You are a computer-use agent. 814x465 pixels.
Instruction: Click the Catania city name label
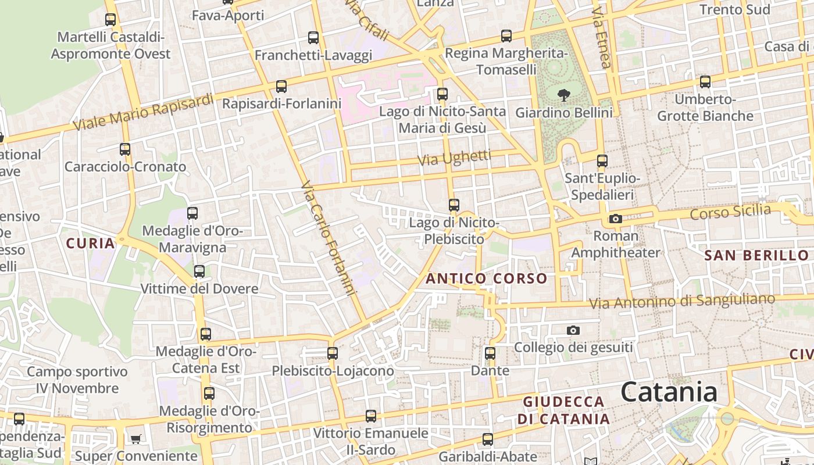coord(669,392)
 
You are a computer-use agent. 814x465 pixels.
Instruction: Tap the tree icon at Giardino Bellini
coord(563,95)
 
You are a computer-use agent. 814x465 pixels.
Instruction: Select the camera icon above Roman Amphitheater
coord(615,219)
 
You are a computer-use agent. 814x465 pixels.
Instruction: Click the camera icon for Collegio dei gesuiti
coord(573,331)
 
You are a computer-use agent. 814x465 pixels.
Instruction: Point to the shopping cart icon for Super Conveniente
coord(136,439)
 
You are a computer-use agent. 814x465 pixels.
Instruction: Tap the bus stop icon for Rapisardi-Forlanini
coord(281,87)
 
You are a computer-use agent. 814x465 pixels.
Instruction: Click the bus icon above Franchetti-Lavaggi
coord(313,38)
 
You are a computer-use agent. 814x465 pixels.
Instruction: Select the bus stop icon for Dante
coord(490,353)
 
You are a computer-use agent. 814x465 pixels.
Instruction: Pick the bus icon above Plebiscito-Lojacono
coord(333,353)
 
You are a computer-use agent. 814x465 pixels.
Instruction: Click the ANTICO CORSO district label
coord(487,279)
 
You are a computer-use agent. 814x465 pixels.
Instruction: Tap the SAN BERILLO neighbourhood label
coord(756,255)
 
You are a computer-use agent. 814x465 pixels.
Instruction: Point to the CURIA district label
coord(91,244)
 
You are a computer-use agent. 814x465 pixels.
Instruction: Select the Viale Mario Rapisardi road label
coord(144,112)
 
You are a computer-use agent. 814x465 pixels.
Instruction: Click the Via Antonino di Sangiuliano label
coord(682,301)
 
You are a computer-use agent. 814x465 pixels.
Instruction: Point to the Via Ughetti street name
coord(455,158)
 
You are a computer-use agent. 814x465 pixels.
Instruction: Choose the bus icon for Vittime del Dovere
coord(199,271)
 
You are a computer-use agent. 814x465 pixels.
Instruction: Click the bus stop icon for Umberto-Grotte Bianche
coord(705,82)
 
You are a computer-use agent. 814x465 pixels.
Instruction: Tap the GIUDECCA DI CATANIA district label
coord(563,410)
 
